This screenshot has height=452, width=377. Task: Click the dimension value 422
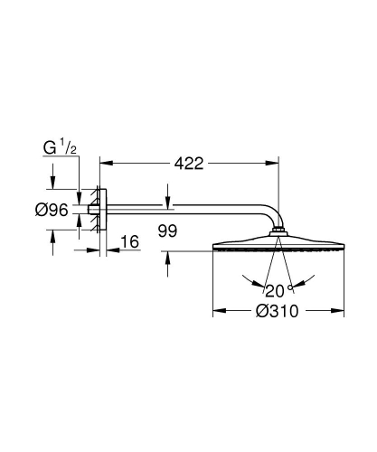click(x=188, y=164)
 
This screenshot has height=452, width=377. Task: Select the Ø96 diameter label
click(x=52, y=212)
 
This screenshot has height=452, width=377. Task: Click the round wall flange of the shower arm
click(x=102, y=212)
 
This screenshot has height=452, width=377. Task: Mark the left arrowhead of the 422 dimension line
click(x=103, y=164)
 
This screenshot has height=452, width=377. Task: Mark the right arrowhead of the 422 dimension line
click(x=273, y=164)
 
